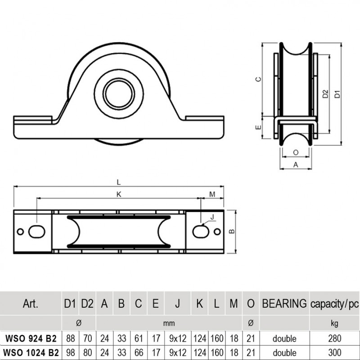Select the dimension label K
click(x=118, y=194)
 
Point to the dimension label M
click(x=212, y=194)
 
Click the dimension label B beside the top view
click(x=231, y=232)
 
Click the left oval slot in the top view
click(x=36, y=231)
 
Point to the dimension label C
click(x=258, y=79)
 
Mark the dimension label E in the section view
click(x=258, y=127)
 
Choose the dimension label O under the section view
click(x=295, y=153)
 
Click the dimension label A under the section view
click(x=295, y=165)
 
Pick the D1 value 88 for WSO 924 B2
click(x=70, y=338)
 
